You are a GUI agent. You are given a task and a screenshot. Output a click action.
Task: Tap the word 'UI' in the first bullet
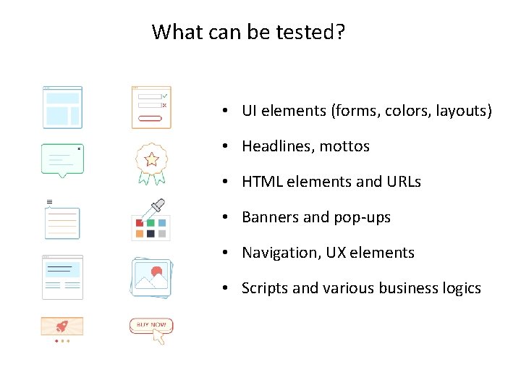pyautogui.click(x=250, y=111)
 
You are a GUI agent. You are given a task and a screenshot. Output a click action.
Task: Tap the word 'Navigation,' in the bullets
pyautogui.click(x=279, y=253)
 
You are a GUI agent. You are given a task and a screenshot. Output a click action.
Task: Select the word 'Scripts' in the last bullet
pyautogui.click(x=264, y=289)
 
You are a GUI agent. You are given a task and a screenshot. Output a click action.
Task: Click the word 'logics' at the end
pyautogui.click(x=461, y=289)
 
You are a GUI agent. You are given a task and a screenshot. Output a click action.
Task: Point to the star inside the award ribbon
pyautogui.click(x=151, y=159)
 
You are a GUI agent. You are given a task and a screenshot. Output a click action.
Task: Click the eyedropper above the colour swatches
pyautogui.click(x=153, y=209)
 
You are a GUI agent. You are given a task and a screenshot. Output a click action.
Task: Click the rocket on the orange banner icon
pyautogui.click(x=62, y=325)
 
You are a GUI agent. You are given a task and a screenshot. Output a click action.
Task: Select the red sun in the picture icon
pyautogui.click(x=156, y=273)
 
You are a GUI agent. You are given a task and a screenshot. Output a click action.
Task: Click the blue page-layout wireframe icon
pyautogui.click(x=62, y=107)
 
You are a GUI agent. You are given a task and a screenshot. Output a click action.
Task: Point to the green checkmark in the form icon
pyautogui.click(x=165, y=96)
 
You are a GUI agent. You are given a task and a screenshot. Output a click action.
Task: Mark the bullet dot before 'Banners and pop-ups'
pyautogui.click(x=226, y=218)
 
